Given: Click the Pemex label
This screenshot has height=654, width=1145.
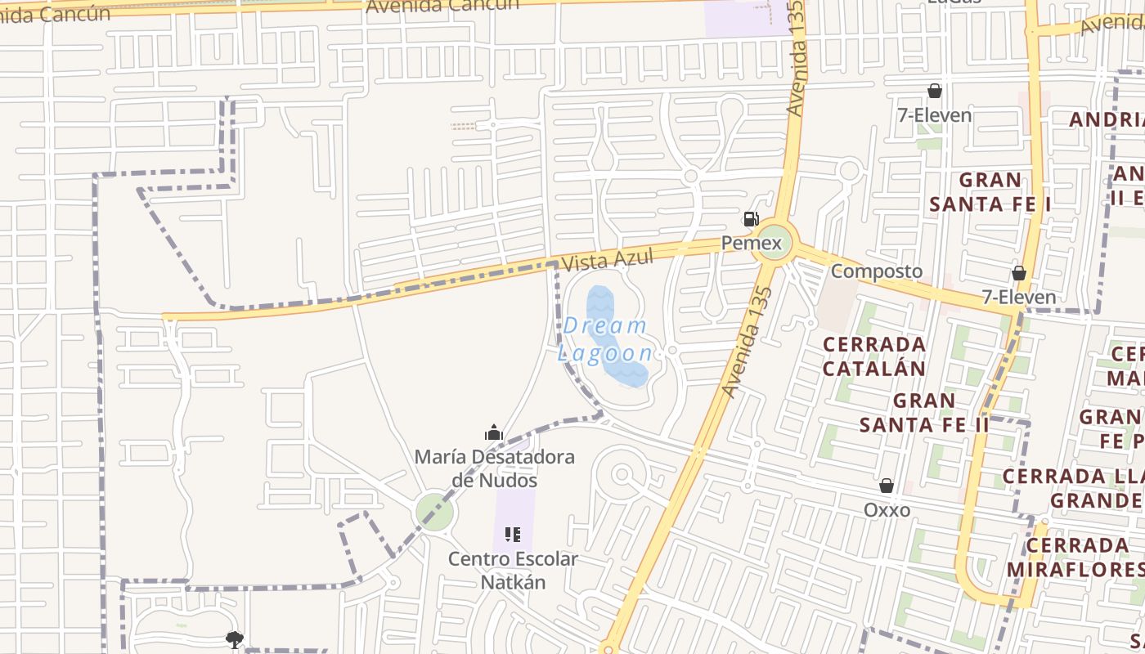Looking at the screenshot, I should [751, 244].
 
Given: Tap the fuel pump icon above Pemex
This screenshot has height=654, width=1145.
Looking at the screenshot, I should [750, 219].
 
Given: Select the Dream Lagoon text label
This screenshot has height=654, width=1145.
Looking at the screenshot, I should [605, 339].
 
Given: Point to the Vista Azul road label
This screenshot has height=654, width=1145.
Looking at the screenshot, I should [608, 260].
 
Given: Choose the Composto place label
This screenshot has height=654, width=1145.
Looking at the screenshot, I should [876, 271].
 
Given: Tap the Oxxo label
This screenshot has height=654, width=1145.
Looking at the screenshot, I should [887, 510].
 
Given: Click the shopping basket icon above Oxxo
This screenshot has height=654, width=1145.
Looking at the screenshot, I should [886, 486].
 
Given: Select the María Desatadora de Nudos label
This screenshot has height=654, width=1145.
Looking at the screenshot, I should [494, 468].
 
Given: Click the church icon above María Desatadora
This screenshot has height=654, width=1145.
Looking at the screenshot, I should [493, 432].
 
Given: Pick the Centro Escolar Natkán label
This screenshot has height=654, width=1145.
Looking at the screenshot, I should [513, 571].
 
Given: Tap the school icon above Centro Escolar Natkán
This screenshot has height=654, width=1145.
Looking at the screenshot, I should [513, 535].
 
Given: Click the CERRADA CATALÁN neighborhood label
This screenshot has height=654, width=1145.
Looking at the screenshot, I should [874, 356].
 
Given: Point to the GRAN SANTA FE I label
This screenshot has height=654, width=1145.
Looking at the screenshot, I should [990, 191].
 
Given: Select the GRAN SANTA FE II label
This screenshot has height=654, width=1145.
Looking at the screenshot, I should [924, 413].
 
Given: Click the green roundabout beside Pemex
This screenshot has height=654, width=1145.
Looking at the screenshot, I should [773, 242].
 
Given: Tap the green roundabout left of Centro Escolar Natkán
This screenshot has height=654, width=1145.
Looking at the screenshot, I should [434, 513].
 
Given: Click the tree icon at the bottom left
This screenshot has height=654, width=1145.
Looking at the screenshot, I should [235, 639].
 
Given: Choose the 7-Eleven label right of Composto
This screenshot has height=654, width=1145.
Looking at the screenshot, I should [1018, 297].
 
